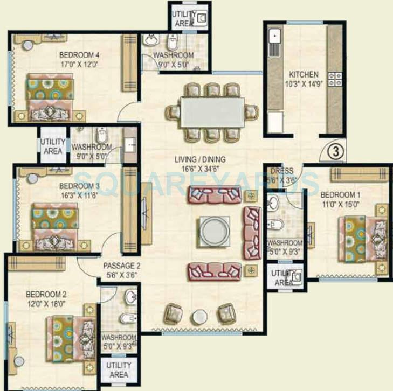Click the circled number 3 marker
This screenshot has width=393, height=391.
(334, 152)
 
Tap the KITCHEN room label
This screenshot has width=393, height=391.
(304, 74)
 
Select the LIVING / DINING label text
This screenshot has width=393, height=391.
(199, 159)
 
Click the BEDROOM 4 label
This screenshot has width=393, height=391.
(79, 54)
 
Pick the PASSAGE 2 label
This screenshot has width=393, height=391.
(122, 266)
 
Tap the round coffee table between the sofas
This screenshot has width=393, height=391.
(214, 231)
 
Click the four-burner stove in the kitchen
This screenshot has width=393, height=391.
(335, 79)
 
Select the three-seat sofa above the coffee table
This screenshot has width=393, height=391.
(215, 194)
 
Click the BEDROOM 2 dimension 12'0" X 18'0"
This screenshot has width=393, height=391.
(46, 303)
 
